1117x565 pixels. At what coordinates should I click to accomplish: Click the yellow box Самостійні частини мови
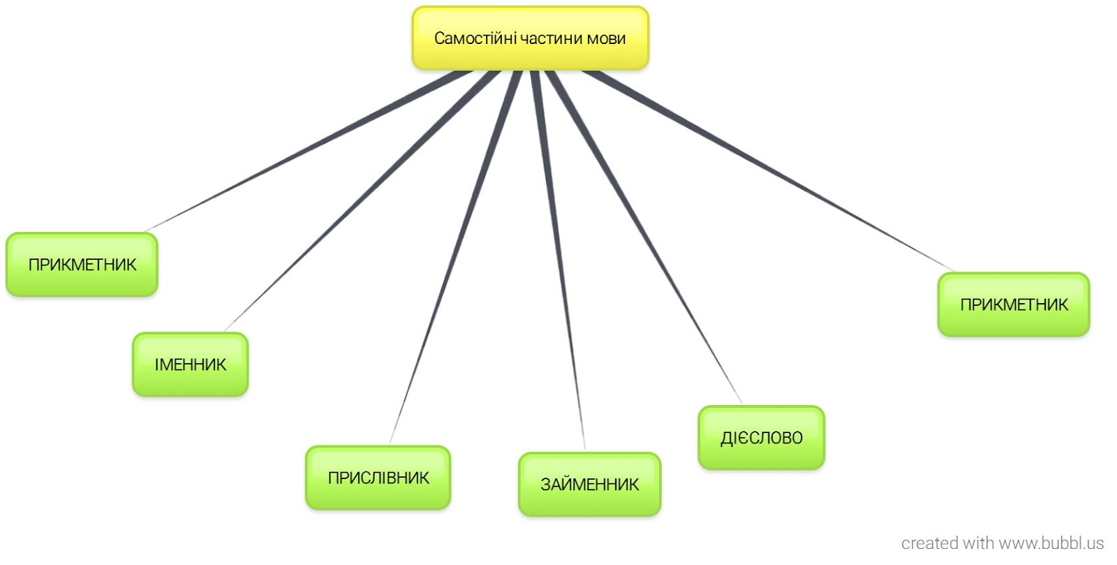(x=530, y=38)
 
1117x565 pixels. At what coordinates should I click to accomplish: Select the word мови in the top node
(x=606, y=38)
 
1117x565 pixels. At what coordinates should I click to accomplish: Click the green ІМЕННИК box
(x=190, y=365)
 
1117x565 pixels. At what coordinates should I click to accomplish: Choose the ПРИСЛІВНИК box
(x=378, y=478)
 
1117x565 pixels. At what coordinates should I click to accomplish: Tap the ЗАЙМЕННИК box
(x=589, y=485)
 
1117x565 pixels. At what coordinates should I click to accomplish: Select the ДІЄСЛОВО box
(x=761, y=438)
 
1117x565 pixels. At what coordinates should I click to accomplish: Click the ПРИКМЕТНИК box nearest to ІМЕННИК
(x=82, y=265)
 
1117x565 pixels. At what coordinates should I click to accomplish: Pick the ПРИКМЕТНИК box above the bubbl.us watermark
(x=1013, y=304)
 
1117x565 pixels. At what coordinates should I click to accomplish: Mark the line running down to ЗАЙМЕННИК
(x=558, y=258)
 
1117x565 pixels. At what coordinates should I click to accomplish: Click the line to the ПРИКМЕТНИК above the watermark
(x=768, y=171)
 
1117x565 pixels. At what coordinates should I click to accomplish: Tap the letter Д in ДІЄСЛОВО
(x=726, y=439)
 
